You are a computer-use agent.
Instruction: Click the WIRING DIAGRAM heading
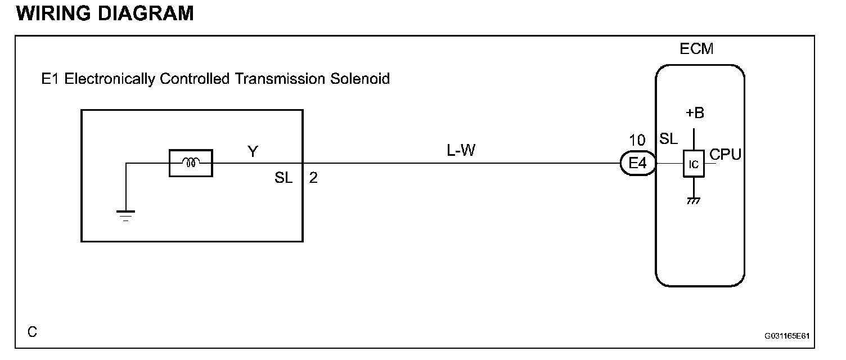105,13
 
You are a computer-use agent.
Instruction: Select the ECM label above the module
696,49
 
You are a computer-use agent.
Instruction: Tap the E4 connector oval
637,164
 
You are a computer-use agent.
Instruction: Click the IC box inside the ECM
694,164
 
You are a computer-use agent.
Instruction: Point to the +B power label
695,113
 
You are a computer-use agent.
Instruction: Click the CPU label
725,154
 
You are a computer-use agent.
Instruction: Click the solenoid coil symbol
191,163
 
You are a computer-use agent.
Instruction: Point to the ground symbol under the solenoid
126,214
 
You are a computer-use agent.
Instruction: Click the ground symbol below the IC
694,200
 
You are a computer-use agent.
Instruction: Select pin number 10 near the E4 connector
637,141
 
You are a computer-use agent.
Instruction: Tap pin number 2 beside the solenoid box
313,178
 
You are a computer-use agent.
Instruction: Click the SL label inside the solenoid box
283,178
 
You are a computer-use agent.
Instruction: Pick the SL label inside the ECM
668,139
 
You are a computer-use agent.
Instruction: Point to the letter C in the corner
33,332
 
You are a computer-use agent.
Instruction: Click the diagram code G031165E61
786,336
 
